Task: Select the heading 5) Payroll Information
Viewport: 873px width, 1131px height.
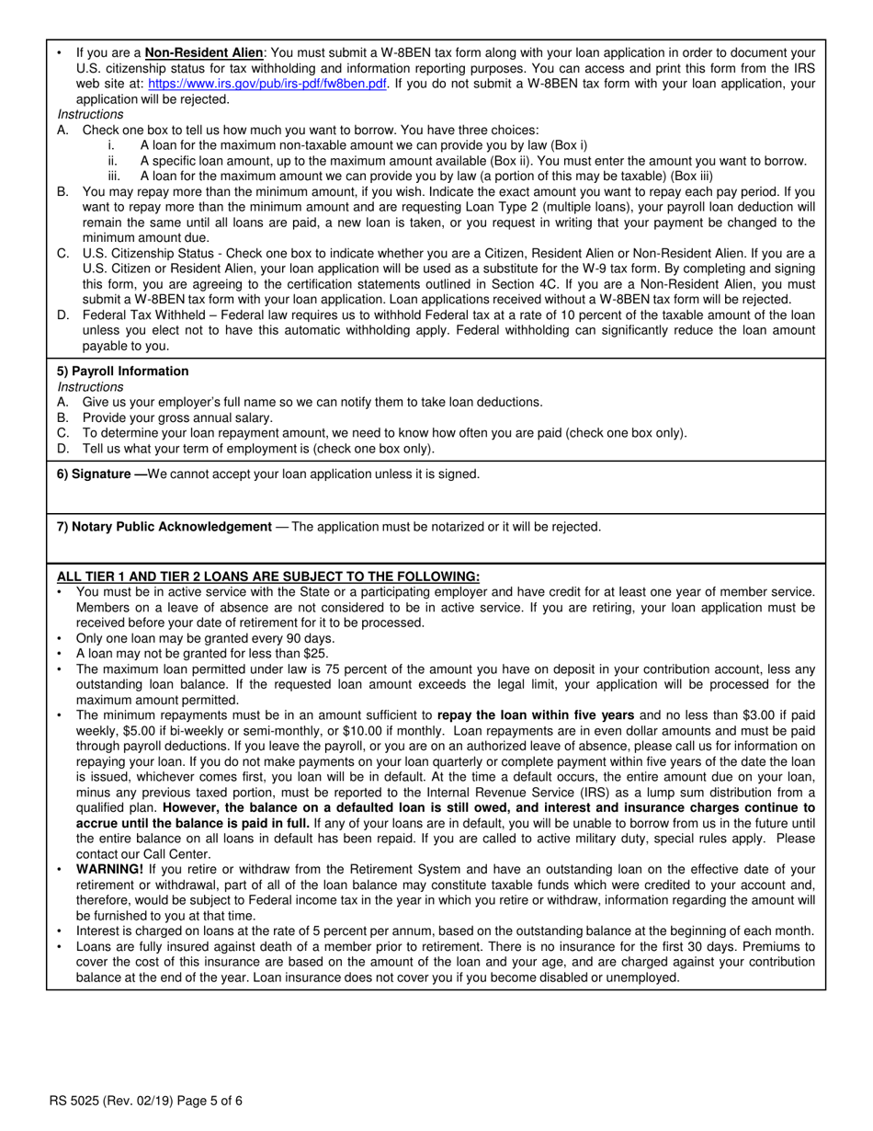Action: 123,371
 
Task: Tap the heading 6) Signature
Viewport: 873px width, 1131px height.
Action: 95,474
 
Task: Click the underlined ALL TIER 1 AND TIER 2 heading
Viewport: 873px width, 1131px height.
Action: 268,577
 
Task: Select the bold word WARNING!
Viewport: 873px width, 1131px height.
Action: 109,869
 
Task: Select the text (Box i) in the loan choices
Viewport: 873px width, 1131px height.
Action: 569,145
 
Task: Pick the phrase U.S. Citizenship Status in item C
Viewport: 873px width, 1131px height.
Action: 152,253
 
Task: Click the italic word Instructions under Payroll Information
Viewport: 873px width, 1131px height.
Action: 90,386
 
